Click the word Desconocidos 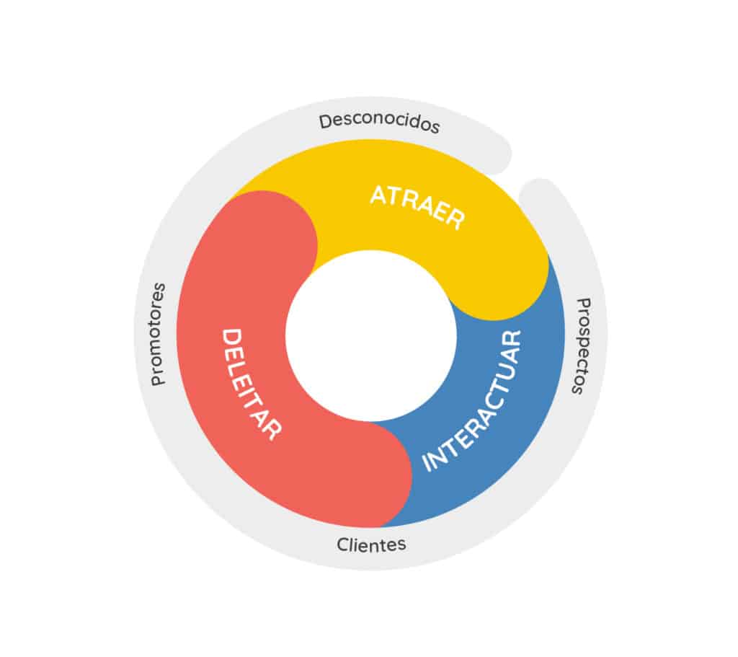(x=379, y=122)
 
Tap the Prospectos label (x=581, y=345)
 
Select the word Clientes (x=371, y=544)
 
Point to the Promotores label (x=158, y=334)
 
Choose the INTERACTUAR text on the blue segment (x=472, y=402)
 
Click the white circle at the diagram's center (x=370, y=336)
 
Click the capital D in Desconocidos (x=325, y=119)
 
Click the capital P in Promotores (x=158, y=377)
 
